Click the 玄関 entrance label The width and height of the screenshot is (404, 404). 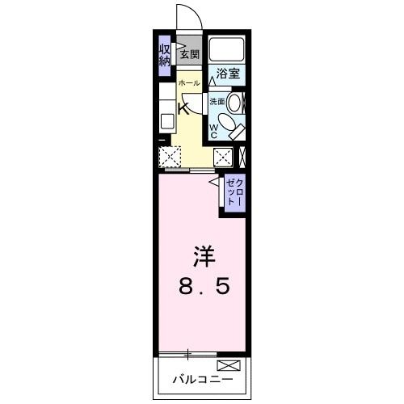(189, 55)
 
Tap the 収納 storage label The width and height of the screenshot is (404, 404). (164, 56)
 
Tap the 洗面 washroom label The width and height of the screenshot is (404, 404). (217, 102)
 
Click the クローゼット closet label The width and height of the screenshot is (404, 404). (234, 194)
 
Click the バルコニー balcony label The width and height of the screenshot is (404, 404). (202, 378)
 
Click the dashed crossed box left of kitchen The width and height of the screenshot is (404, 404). (169, 156)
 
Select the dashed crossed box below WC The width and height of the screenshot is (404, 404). (224, 156)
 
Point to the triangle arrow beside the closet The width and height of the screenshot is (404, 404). (215, 184)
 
